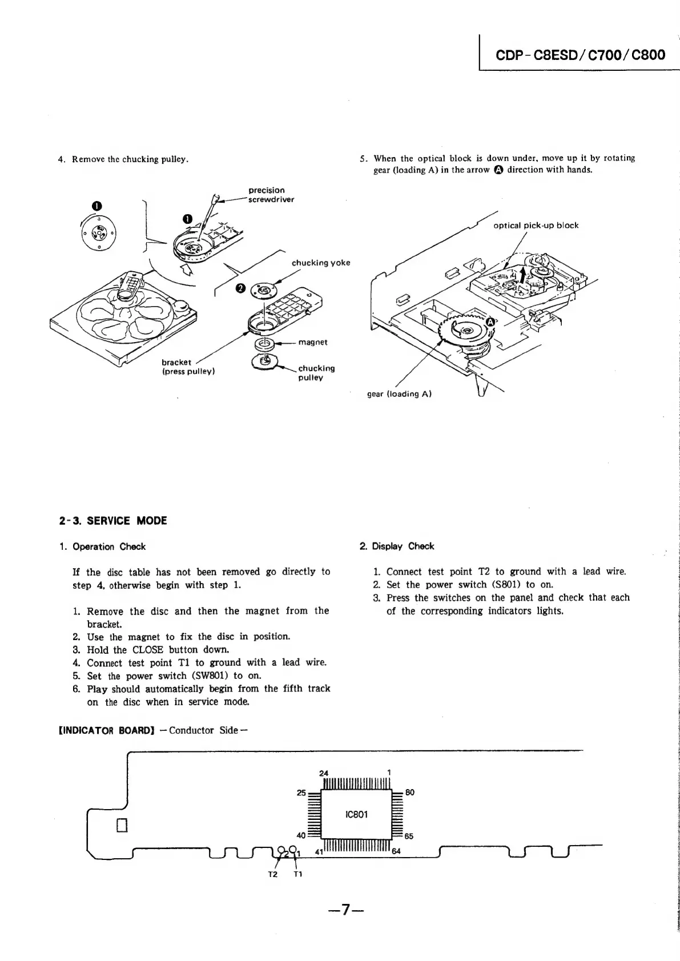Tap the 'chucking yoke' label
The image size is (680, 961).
(x=321, y=263)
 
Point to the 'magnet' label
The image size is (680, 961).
(x=313, y=342)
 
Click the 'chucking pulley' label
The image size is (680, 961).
(x=316, y=373)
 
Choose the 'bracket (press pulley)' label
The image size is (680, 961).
(x=188, y=367)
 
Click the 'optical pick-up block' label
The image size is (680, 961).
(x=536, y=225)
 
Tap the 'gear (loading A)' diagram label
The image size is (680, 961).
(x=399, y=393)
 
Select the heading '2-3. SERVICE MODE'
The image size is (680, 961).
(x=113, y=521)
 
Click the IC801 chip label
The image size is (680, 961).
(x=357, y=814)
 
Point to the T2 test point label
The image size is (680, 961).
(x=273, y=874)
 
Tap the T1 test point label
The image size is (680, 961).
(x=298, y=874)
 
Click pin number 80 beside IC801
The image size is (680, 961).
(x=410, y=793)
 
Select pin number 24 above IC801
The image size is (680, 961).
(x=324, y=773)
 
